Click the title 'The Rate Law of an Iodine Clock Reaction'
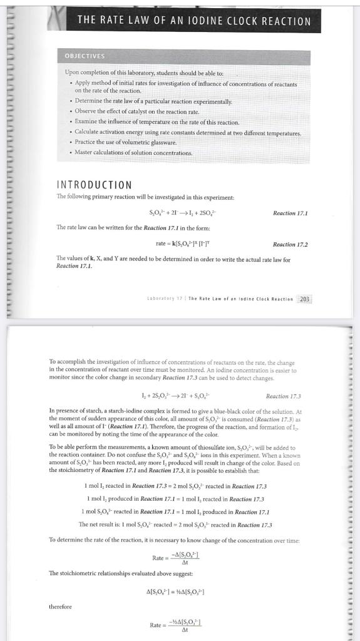(193, 21)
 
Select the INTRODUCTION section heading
(95, 185)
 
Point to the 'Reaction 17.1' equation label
(290, 213)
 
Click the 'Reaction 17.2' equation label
(290, 244)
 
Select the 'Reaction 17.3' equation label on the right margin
(283, 396)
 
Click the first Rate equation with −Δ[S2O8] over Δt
(182, 556)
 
